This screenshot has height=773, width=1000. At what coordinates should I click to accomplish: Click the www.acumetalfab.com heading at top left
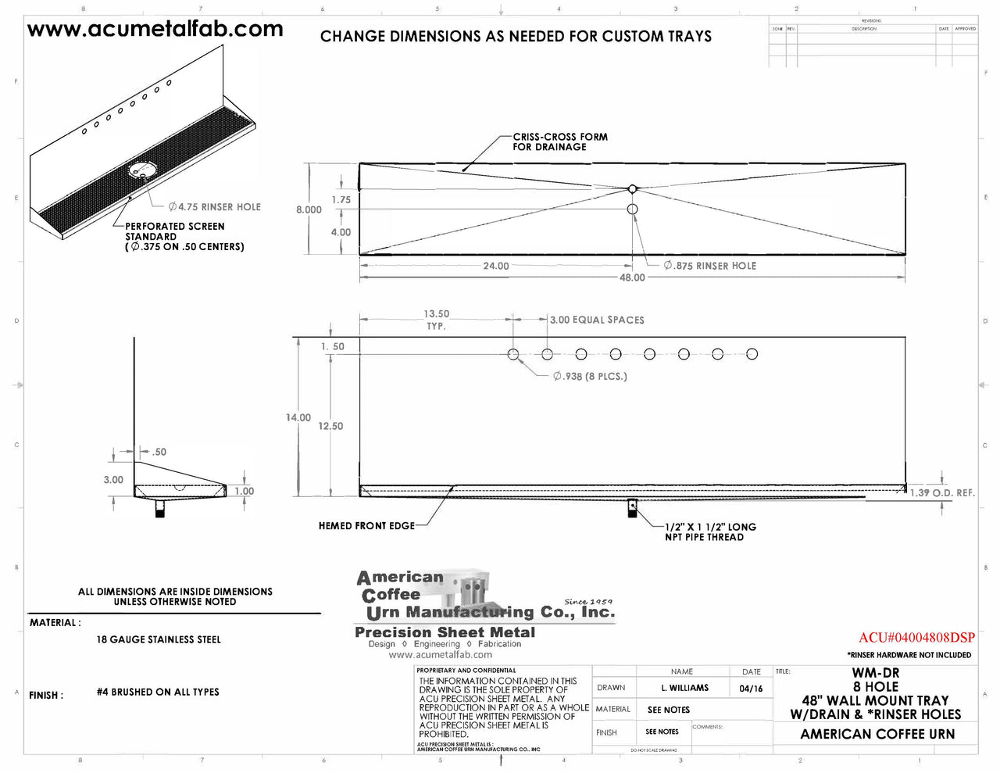(155, 30)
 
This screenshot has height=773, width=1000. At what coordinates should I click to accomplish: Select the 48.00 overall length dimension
(632, 277)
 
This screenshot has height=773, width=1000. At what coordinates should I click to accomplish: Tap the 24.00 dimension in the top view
(495, 266)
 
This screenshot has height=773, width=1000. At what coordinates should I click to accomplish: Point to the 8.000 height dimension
(309, 209)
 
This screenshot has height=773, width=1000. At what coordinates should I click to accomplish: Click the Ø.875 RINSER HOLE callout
(710, 266)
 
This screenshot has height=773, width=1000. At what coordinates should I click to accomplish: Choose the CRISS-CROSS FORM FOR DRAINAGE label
(559, 141)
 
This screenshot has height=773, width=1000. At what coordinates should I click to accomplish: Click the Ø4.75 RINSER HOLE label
(215, 207)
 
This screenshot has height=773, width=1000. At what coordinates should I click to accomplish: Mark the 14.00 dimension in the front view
(298, 418)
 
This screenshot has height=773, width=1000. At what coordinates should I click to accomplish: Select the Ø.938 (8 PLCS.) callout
(590, 377)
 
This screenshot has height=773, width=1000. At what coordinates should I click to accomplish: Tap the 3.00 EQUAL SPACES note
(597, 320)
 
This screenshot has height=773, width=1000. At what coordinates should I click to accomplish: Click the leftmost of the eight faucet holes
(513, 354)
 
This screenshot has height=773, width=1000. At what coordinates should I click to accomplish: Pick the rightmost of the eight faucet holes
(752, 354)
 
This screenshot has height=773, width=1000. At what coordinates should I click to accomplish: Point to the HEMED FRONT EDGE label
(366, 526)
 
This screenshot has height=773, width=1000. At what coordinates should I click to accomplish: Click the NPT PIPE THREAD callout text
(710, 531)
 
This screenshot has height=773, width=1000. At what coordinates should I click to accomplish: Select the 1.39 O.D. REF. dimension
(942, 492)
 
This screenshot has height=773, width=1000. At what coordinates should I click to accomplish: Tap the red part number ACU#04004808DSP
(916, 637)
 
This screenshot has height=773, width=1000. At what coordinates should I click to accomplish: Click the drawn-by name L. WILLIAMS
(684, 688)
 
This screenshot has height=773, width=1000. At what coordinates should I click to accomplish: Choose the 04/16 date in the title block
(751, 689)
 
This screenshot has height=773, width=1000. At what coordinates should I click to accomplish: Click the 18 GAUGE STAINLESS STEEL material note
(159, 639)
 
